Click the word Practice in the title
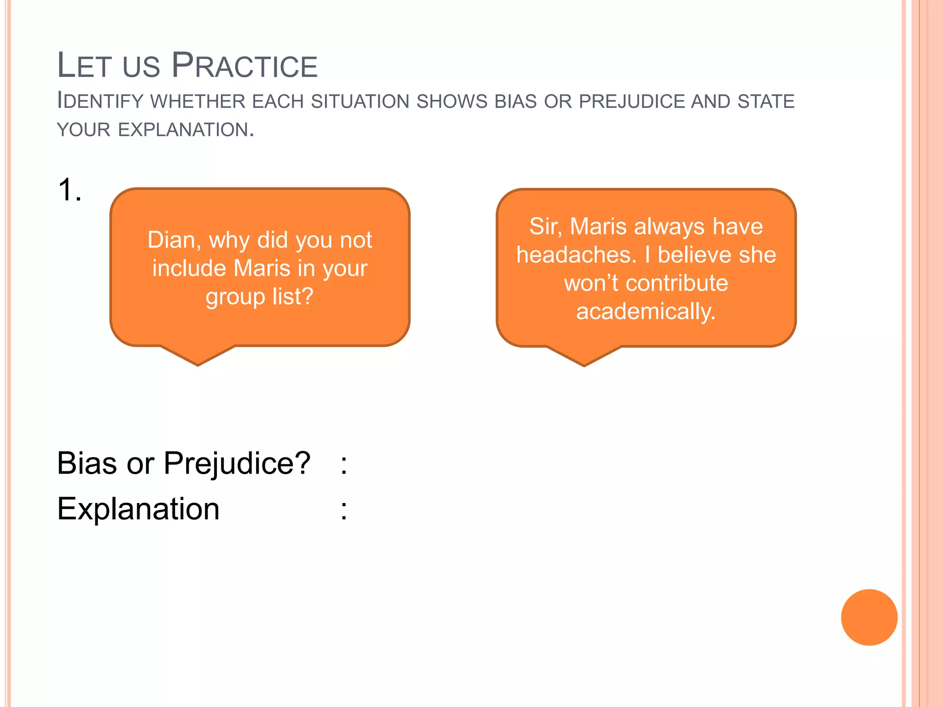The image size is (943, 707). click(x=244, y=66)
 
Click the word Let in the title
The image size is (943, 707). click(x=84, y=66)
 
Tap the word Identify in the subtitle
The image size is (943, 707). click(x=100, y=101)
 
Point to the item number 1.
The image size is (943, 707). click(x=70, y=190)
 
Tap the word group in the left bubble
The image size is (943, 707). click(x=235, y=297)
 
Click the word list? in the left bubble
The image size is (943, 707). click(x=293, y=296)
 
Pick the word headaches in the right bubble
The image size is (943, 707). click(x=576, y=255)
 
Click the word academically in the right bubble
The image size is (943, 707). click(x=646, y=312)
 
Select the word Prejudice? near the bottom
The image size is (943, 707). click(x=237, y=464)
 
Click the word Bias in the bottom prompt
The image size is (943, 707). click(x=87, y=463)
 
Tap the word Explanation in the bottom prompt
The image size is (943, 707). click(x=138, y=509)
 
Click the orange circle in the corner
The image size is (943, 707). click(x=869, y=617)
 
